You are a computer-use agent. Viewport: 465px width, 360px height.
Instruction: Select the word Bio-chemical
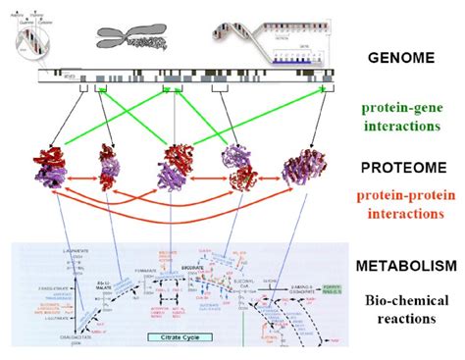(x=406, y=300)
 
